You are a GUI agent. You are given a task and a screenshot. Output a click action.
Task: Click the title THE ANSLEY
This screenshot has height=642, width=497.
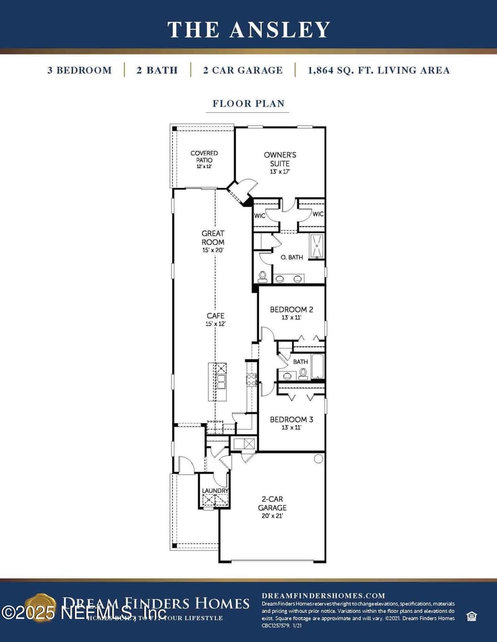point(248,29)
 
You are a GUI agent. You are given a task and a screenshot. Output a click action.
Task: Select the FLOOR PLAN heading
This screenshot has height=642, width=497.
point(248,104)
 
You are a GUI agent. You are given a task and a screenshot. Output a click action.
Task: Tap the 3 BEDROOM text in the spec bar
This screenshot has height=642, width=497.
point(80,70)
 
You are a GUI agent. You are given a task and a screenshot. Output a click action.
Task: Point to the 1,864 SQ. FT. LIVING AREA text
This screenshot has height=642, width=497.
point(378,70)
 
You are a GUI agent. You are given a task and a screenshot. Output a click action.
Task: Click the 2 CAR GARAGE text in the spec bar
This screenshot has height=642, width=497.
point(242,70)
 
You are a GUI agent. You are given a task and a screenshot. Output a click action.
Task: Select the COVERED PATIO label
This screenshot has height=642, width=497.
point(204,156)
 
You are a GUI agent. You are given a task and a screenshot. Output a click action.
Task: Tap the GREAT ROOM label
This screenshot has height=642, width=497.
point(212,238)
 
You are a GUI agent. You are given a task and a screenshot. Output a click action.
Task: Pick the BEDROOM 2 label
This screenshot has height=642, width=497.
point(291,310)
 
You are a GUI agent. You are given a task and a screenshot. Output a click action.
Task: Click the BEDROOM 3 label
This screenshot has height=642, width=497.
point(291,420)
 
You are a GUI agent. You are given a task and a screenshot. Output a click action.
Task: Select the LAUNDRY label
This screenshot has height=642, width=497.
point(215,491)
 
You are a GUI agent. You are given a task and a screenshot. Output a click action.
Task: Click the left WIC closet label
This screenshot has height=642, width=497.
point(260,215)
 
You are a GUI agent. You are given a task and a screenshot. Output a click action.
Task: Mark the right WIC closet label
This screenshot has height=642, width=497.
point(317,215)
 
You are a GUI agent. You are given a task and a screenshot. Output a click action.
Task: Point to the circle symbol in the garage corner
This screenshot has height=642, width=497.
point(318,459)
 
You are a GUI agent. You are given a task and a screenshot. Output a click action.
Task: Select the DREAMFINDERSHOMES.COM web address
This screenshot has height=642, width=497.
point(323,595)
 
